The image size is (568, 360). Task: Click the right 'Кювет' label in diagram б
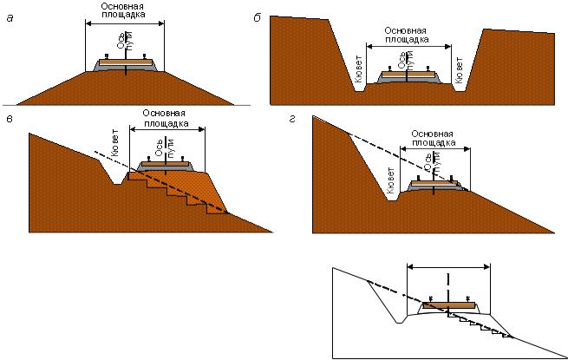click(x=460, y=69)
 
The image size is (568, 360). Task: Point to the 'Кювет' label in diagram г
click(x=391, y=179)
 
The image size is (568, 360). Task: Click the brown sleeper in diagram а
click(x=126, y=62)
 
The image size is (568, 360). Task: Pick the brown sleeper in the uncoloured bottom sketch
click(x=448, y=304)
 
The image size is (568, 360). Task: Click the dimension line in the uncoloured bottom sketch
click(x=448, y=267)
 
